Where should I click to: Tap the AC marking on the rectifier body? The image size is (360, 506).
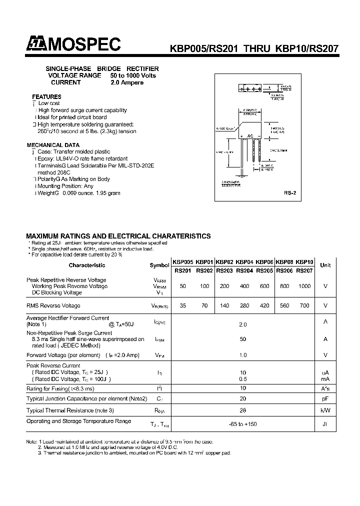(x=251, y=136)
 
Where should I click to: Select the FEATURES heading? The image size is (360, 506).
(x=46, y=96)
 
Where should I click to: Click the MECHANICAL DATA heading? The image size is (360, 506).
(x=53, y=144)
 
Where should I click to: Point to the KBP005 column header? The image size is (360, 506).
(x=182, y=261)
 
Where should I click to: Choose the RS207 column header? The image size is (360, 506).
(x=304, y=271)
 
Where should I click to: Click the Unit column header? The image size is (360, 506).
(x=325, y=265)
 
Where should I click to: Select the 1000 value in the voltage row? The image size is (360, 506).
(x=304, y=286)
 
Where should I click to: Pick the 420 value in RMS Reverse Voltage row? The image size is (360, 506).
(x=264, y=305)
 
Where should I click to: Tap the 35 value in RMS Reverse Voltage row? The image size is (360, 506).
(x=183, y=305)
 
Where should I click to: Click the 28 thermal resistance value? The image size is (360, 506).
(x=243, y=409)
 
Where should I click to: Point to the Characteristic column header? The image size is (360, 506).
(x=87, y=265)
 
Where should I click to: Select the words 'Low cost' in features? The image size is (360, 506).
(x=49, y=103)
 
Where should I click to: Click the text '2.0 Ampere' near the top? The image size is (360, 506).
(x=127, y=82)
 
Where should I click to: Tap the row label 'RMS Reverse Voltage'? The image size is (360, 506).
(x=53, y=305)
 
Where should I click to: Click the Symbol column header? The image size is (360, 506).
(x=159, y=265)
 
